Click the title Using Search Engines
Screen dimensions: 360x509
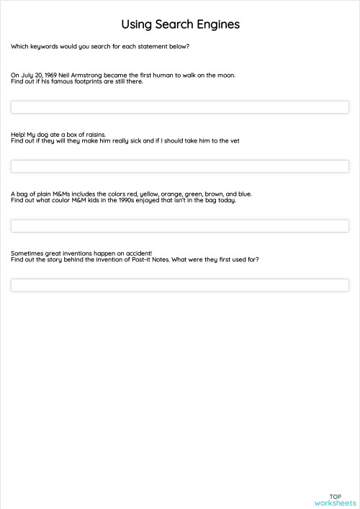click(180, 24)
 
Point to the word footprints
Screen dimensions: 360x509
click(87, 81)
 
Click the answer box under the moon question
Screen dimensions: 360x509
click(180, 107)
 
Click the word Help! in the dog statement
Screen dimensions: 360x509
click(18, 134)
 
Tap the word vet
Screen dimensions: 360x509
click(234, 140)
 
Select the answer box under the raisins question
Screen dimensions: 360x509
click(180, 166)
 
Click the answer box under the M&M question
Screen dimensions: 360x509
click(180, 226)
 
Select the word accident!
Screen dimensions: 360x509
click(137, 253)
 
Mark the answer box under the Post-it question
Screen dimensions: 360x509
click(180, 285)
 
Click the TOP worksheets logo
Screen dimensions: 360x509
click(335, 500)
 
